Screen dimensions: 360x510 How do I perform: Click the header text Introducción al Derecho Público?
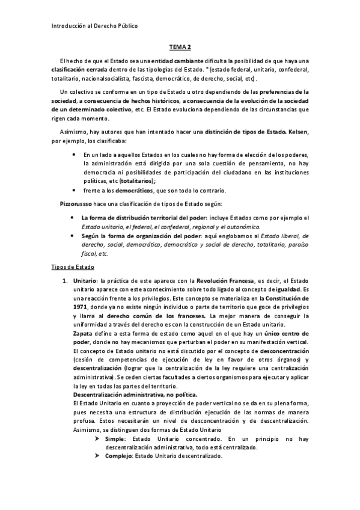(x=91, y=26)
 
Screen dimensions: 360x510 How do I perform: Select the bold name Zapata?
(x=82, y=333)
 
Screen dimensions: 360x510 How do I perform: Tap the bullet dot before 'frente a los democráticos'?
(x=73, y=189)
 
